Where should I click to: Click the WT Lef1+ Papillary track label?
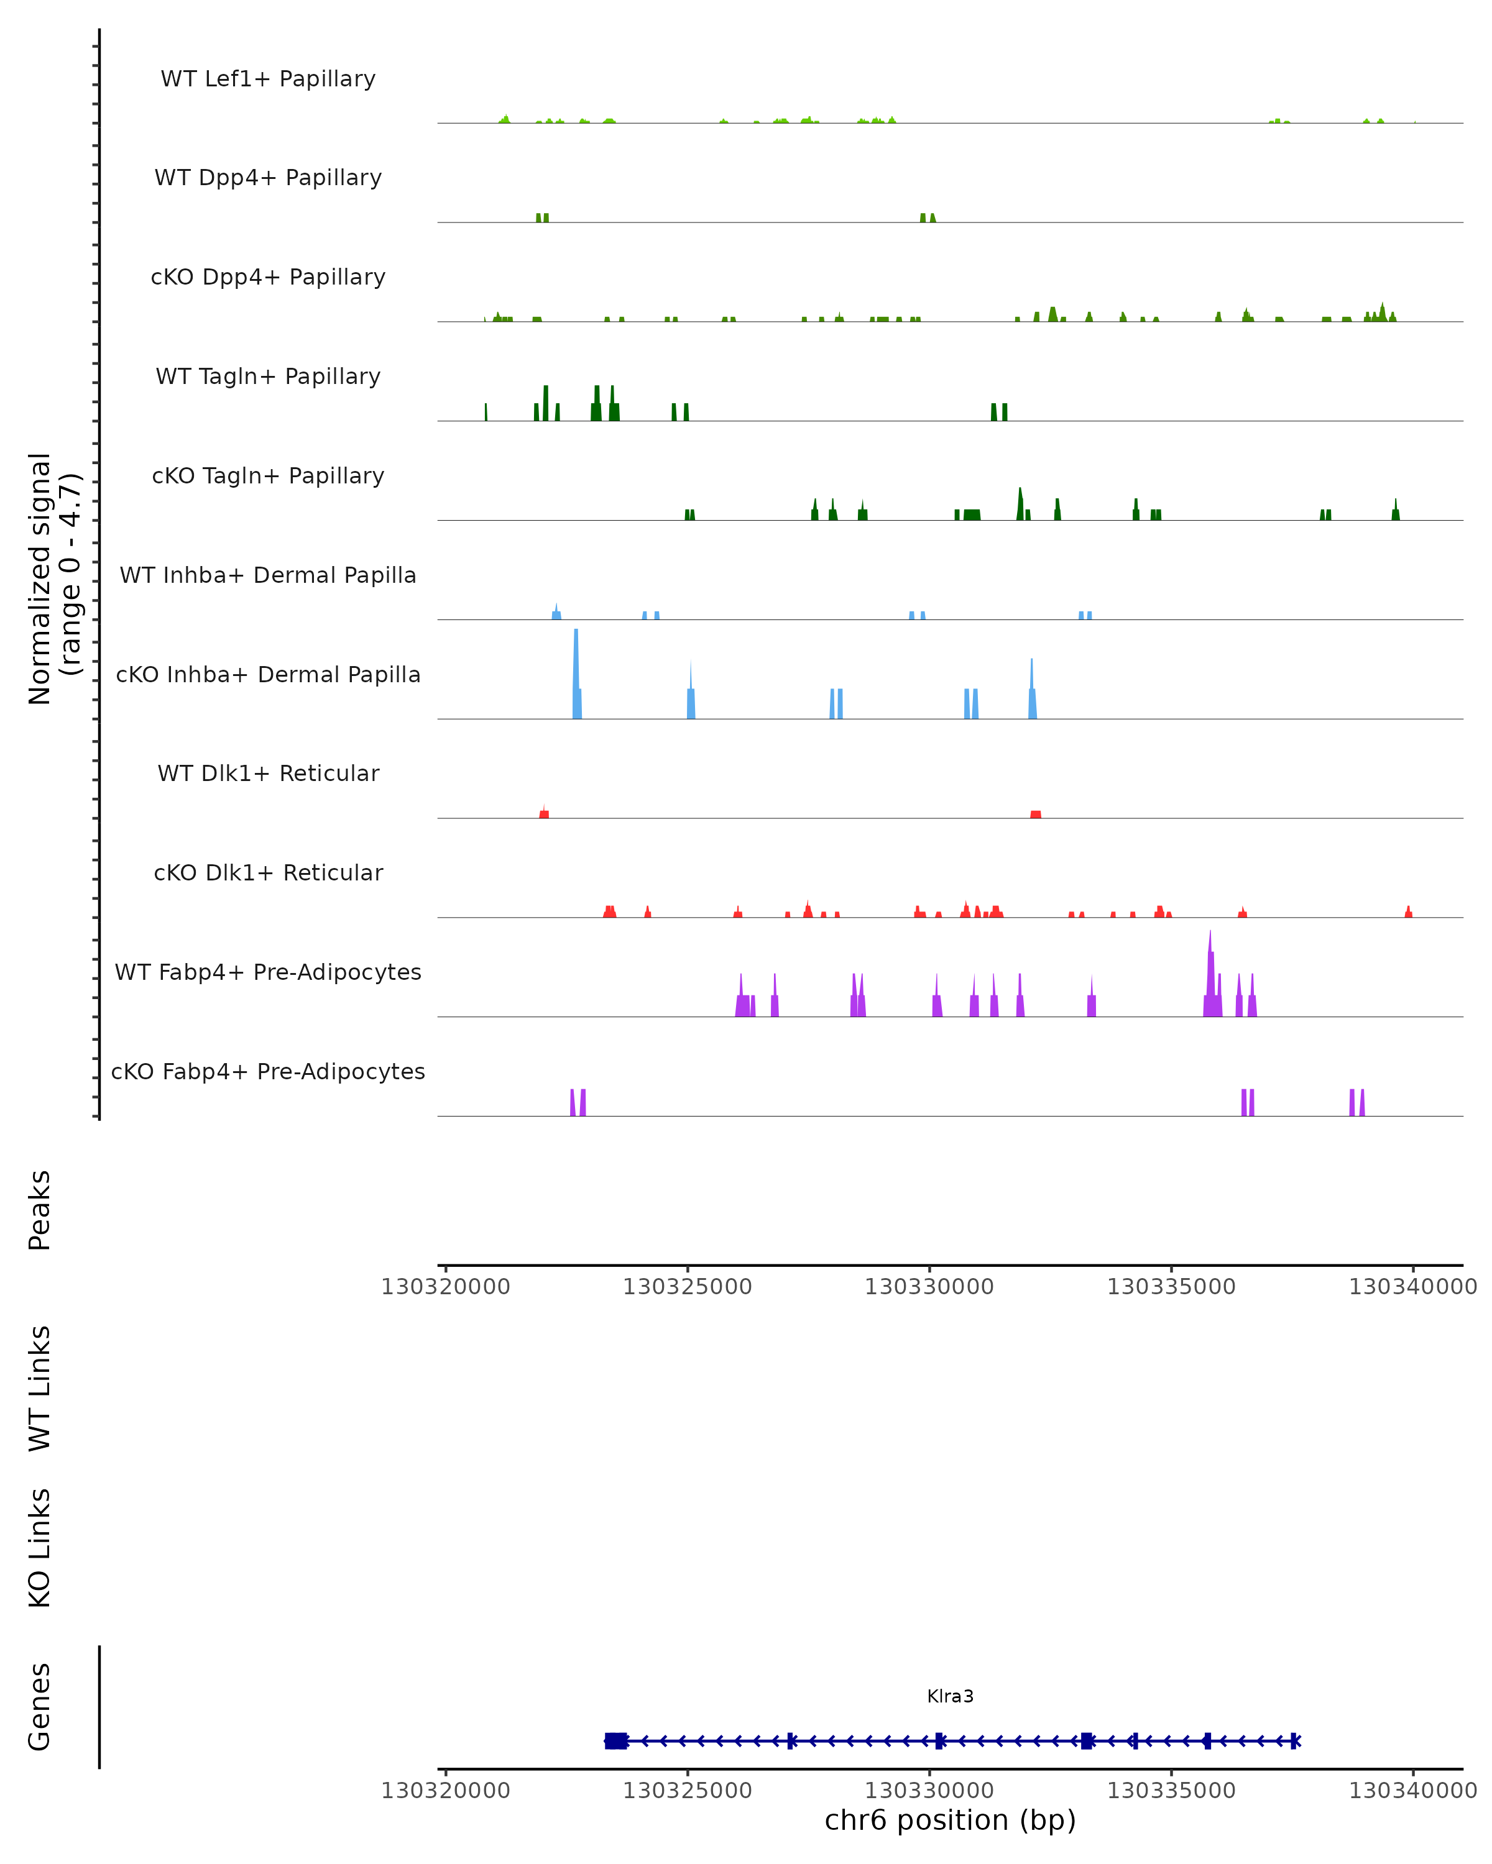click(x=268, y=79)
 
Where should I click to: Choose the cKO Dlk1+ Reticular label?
click(x=268, y=872)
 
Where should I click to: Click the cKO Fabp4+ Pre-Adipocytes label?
click(x=268, y=1071)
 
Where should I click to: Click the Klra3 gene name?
click(x=950, y=1696)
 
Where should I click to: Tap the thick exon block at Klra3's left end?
click(x=616, y=1740)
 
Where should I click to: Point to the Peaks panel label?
click(x=40, y=1210)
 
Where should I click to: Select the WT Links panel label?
click(x=40, y=1387)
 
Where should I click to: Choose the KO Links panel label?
click(x=40, y=1548)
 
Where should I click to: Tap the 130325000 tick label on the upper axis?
click(x=688, y=1287)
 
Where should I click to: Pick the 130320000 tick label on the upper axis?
click(x=446, y=1287)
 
